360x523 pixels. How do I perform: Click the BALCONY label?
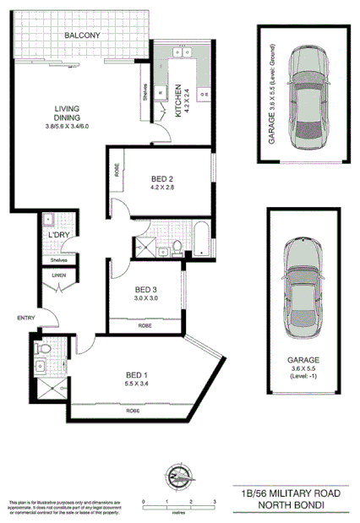pos(81,35)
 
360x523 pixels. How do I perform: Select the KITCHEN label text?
pos(177,101)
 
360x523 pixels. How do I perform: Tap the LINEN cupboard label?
pos(57,275)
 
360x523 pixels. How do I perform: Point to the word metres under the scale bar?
pos(178,511)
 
